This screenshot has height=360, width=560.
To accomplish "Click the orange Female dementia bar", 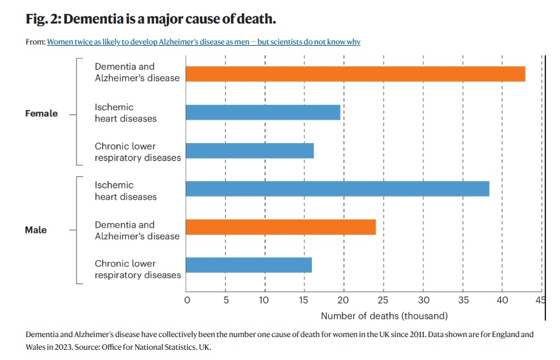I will pos(355,74).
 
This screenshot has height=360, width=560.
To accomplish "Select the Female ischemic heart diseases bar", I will pos(263,113).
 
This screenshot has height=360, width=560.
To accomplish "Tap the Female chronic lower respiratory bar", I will pos(249,151).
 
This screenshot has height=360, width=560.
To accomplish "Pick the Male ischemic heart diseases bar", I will pos(337,189).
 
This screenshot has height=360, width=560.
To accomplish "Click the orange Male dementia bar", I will pos(281,227).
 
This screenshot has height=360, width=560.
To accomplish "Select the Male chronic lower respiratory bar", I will pos(249,265).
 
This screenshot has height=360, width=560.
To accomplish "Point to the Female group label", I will pos(41,113).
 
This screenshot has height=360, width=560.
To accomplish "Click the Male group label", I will pos(36,230).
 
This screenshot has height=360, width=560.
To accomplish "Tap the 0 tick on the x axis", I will pos(186,300).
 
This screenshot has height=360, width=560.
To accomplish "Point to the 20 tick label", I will pos(344,300).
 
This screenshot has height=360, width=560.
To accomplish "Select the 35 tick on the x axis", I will pos(462,300).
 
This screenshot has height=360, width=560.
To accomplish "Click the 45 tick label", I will pos(540,300).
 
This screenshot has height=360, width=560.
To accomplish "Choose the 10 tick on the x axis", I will pos(265,300).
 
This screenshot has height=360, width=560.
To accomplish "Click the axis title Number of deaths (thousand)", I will pos(384,315).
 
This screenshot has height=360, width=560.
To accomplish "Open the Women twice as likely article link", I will pos(204,42).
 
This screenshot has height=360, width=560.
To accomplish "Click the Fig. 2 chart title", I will pos(151,19).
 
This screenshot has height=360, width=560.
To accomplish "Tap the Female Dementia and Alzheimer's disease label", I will pos(137,72).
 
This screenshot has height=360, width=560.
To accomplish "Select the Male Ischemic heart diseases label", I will pos(125,191).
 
